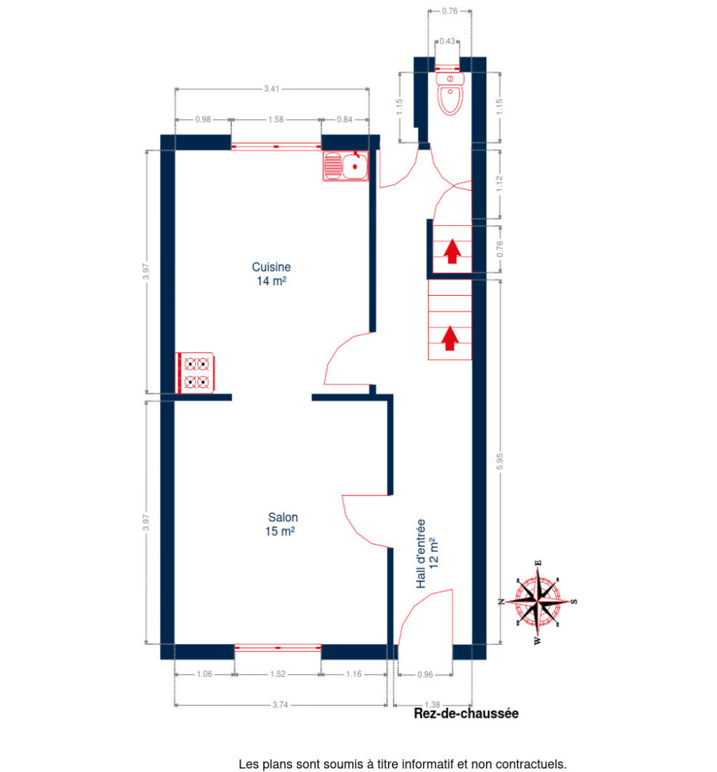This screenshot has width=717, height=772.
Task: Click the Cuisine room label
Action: pyautogui.click(x=271, y=274)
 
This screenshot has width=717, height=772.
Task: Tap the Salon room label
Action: pyautogui.click(x=283, y=524)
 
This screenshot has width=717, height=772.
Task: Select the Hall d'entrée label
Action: pyautogui.click(x=426, y=554)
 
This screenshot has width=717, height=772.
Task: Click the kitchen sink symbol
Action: pyautogui.click(x=345, y=167)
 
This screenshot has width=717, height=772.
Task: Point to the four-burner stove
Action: pyautogui.click(x=196, y=372)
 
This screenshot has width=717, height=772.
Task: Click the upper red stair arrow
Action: pyautogui.click(x=452, y=252)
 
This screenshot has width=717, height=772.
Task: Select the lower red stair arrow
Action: pyautogui.click(x=449, y=338)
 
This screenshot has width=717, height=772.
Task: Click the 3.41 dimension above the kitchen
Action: pyautogui.click(x=272, y=89)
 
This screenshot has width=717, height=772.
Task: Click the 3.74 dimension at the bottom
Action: pyautogui.click(x=281, y=705)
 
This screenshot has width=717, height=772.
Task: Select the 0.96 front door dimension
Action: pyautogui.click(x=425, y=674)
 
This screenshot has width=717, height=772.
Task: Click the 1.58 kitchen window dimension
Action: pyautogui.click(x=275, y=119)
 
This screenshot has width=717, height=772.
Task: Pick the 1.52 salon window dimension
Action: pyautogui.click(x=278, y=674)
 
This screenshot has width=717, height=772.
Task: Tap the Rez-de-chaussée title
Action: pyautogui.click(x=466, y=713)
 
